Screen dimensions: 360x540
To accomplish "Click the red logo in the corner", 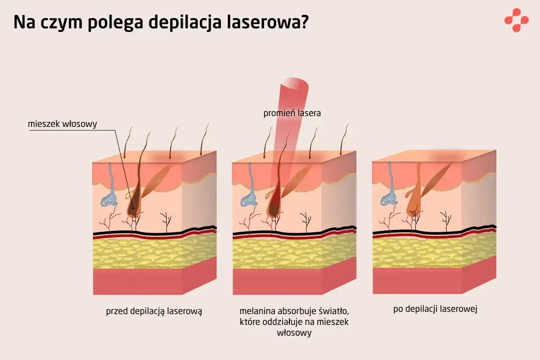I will coord(516,20).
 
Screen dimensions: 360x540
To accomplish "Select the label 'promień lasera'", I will coord(292,113).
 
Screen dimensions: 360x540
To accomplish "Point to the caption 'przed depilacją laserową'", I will coord(154,310).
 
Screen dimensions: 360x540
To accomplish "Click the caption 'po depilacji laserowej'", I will coord(435,309).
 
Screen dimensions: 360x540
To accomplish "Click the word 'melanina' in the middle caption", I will coord(255,311).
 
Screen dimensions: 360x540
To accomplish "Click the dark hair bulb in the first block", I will coord(134,207).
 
